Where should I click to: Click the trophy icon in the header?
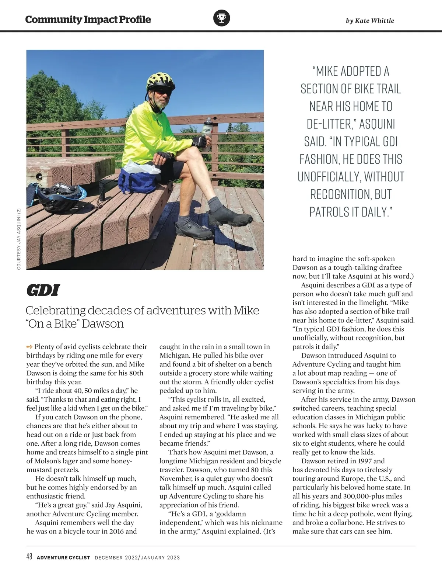coord(221,18)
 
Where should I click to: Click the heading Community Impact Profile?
coord(88,20)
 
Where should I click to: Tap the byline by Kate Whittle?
coord(370,21)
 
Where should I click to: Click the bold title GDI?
coord(43,291)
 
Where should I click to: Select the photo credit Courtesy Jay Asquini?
coord(19,239)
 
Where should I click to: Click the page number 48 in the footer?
coord(29,557)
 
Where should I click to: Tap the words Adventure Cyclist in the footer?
coord(63,557)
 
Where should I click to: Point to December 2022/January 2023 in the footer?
coord(137,557)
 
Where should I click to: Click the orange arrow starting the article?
coord(29,346)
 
